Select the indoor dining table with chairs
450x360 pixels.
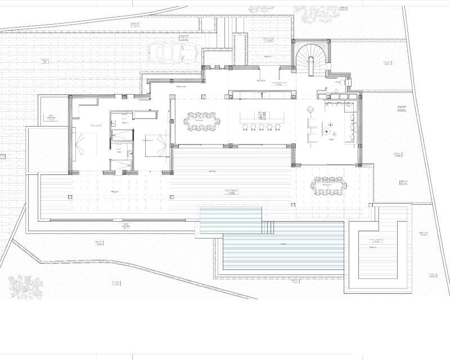point(202,121)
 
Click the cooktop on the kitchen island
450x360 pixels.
point(262,115)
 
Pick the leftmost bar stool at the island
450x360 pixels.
point(245,128)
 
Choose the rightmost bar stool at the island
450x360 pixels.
point(277,128)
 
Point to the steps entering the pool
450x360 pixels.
point(268,227)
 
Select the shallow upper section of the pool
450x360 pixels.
point(231,219)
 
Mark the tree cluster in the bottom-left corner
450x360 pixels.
point(25,286)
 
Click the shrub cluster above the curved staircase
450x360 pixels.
point(315,14)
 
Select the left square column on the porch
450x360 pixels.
point(70,197)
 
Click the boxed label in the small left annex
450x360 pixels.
point(50,118)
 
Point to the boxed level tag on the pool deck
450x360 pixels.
point(232,192)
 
